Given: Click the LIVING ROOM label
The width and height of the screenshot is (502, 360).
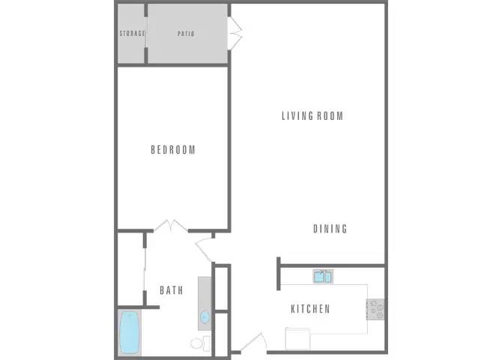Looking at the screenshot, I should (312, 116).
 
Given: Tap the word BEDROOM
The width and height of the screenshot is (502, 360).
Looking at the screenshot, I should (173, 150).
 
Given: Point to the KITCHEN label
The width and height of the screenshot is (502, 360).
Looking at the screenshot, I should (310, 309).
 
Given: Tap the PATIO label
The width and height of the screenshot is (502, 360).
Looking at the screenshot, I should (187, 34).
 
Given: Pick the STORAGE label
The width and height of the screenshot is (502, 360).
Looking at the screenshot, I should (133, 34).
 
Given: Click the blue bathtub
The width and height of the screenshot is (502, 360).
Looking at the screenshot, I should (131, 332).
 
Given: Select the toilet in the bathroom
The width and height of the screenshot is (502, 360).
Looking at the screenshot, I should (199, 344).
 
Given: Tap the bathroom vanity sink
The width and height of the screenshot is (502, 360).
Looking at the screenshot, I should (205, 317).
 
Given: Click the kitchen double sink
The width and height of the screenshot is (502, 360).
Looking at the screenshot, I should (323, 277).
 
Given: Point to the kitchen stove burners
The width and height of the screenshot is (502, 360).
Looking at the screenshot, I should (375, 307).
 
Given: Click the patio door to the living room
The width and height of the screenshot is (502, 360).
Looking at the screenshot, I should (235, 34).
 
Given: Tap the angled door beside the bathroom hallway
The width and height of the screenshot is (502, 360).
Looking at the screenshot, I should (204, 248).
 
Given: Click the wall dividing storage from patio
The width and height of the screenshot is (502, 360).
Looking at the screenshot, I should (146, 34).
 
